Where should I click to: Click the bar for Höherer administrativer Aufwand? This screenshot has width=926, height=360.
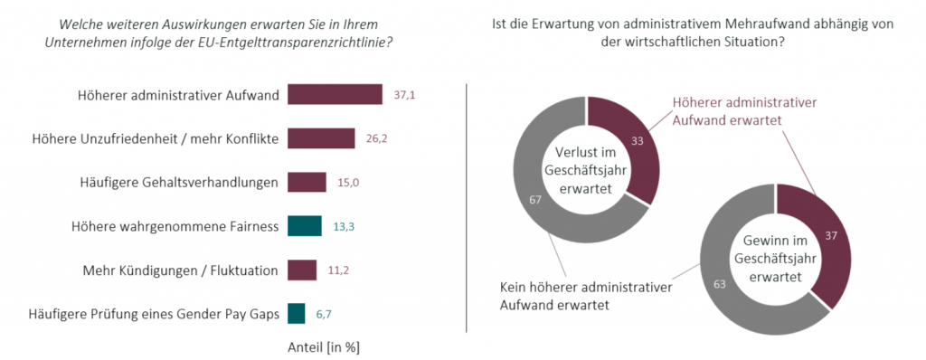pos(335,95)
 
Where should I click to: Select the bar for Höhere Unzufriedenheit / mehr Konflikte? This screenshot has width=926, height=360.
pos(321,138)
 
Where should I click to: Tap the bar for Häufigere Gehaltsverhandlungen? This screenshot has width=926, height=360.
pos(307,182)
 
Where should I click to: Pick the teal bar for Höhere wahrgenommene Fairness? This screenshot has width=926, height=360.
pos(305,226)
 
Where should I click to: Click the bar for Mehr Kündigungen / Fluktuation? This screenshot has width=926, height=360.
pos(302,270)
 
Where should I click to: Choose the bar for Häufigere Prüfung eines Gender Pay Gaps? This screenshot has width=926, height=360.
pos(297,313)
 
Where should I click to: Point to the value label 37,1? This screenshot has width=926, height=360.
pos(405,95)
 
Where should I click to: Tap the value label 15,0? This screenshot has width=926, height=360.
pos(349,182)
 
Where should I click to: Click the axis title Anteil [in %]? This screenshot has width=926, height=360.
pos(323,346)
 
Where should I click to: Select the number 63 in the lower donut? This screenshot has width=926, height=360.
pos(719,284)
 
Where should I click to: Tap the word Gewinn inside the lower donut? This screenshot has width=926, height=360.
pos(760,242)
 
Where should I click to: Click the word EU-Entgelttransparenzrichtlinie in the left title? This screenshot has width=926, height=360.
pos(302,43)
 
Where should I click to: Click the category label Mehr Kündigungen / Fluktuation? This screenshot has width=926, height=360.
pos(179,270)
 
